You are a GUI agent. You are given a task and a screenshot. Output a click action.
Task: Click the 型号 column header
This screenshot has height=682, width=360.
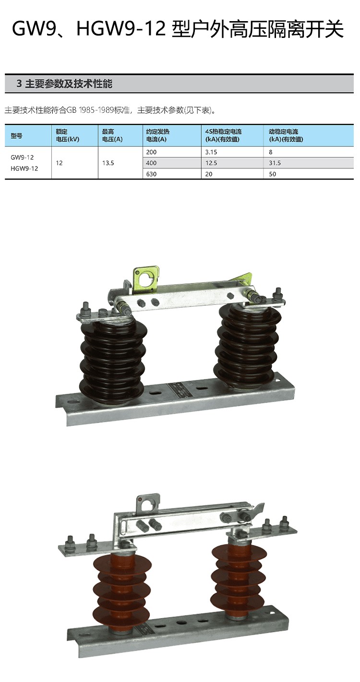pos(16,136)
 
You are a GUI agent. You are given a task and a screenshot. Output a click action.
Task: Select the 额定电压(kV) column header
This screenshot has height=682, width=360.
pos(67,135)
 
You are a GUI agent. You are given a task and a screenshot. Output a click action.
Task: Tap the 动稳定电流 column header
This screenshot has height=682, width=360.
pos(286,135)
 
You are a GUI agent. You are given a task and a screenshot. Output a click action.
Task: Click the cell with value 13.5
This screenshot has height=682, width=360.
pos(108,163)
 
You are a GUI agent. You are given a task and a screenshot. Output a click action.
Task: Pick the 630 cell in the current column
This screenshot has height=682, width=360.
pos(151,174)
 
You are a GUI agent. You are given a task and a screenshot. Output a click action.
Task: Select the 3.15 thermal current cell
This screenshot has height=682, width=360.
pos(211,152)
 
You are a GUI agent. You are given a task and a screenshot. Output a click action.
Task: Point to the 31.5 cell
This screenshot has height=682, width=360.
pos(275,163)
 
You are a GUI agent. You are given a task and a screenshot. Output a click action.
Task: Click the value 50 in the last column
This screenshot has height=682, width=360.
pos(272,174)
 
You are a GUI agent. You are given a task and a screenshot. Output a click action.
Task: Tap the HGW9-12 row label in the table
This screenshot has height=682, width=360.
pos(24,168)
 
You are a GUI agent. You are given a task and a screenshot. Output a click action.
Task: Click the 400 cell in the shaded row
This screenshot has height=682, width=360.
pos(151,163)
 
